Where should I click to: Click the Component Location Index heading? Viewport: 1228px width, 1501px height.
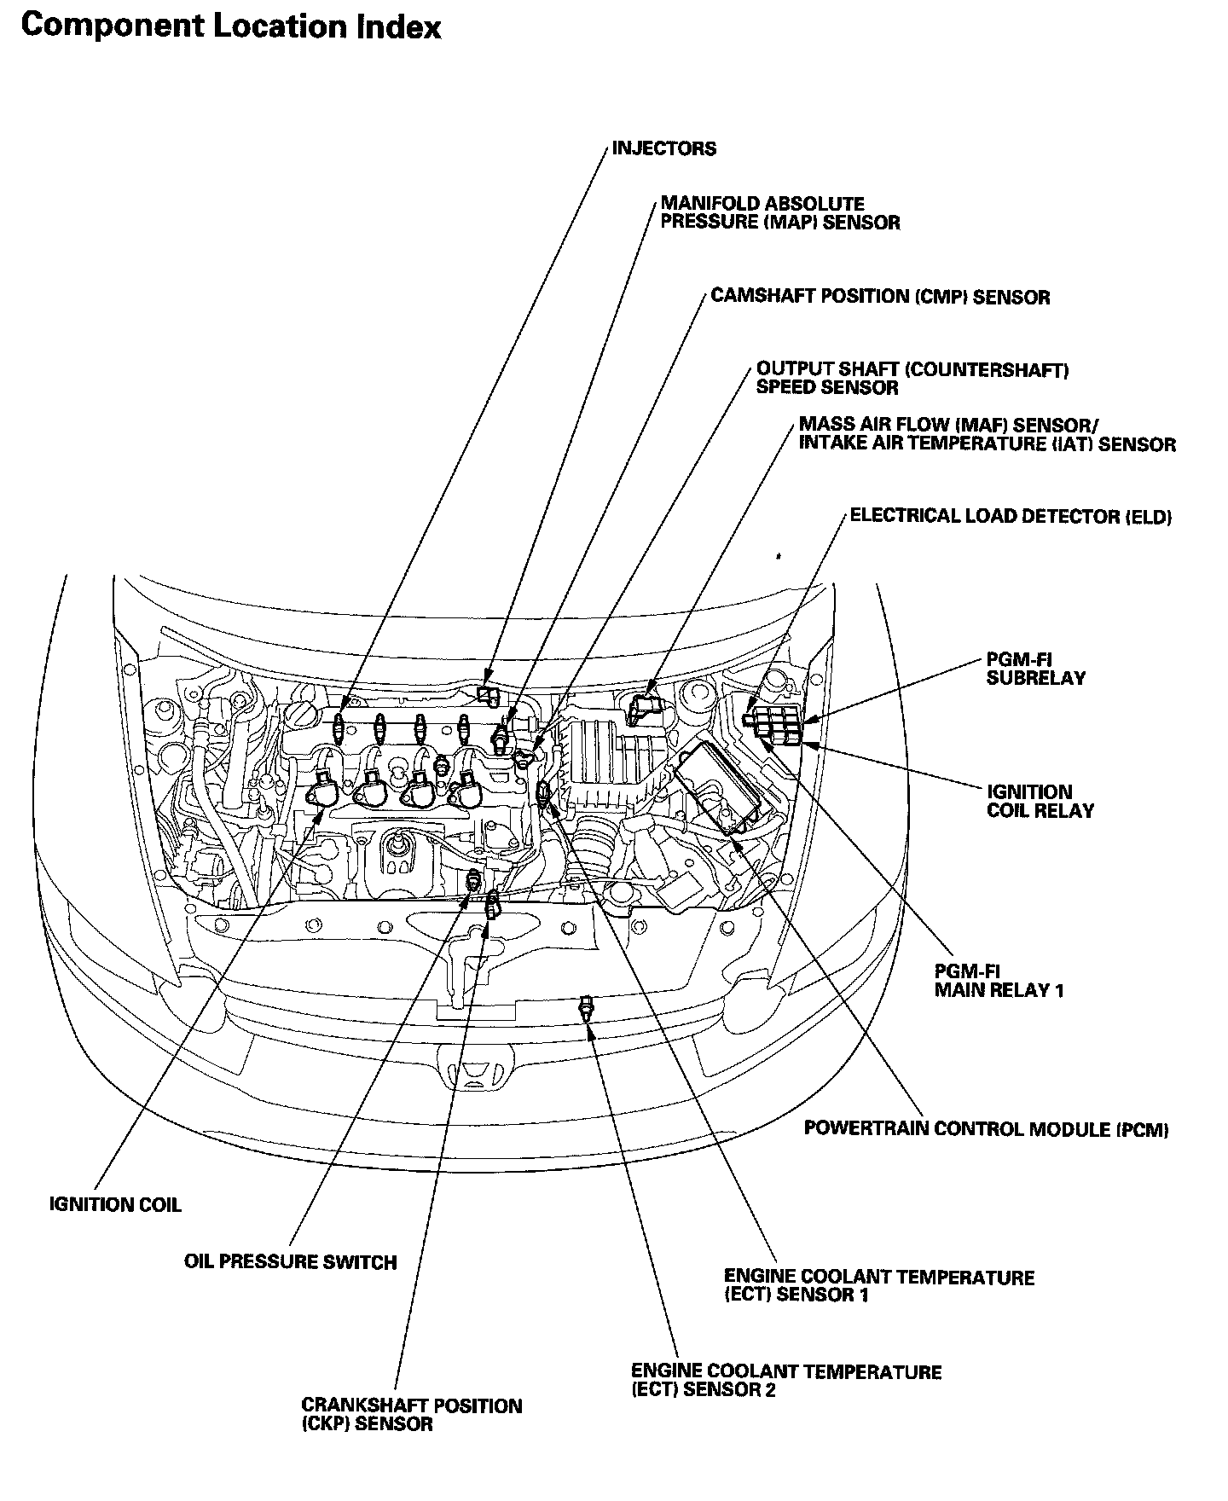230,26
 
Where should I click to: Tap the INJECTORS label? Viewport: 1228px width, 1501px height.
664,148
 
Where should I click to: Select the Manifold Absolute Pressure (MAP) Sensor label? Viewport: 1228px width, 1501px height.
779,213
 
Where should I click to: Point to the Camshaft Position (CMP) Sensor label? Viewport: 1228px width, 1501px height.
880,297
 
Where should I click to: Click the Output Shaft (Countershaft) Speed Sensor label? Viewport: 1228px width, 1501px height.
912,379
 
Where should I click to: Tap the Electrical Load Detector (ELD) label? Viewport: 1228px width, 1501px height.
1011,517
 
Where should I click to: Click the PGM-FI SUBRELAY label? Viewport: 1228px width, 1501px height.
1035,669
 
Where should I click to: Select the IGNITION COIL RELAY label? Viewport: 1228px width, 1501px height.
1040,801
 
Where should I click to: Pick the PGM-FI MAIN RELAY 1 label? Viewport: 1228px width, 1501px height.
999,981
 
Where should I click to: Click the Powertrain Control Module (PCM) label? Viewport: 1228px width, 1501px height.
986,1129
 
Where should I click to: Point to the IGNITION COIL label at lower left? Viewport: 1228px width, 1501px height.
115,1205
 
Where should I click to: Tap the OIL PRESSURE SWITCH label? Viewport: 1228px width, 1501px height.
290,1261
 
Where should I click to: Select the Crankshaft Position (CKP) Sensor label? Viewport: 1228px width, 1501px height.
411,1414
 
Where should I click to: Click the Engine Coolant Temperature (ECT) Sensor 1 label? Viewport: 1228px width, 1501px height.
878,1286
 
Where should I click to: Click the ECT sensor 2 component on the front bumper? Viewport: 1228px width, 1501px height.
585,1006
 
